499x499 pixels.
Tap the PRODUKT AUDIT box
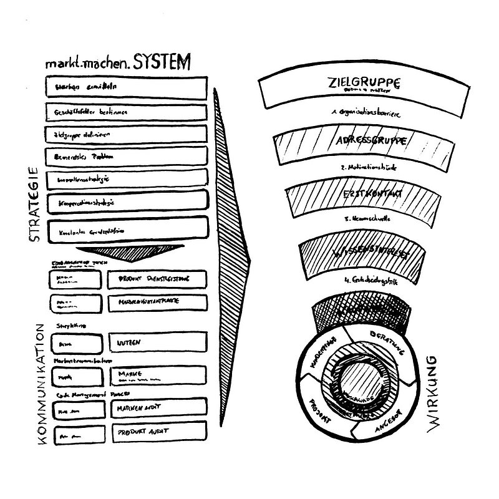(157, 432)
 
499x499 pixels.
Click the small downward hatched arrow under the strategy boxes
(130, 252)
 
